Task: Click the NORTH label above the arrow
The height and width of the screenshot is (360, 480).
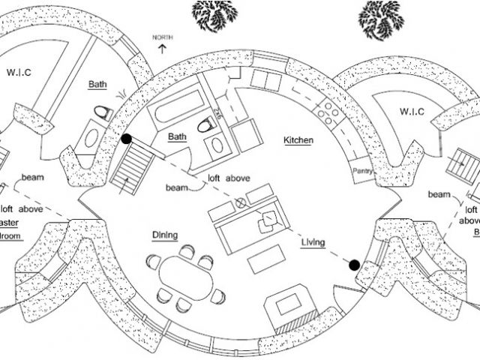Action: (162, 37)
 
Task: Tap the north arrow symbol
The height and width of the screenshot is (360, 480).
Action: (162, 48)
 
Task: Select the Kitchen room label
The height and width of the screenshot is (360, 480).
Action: (298, 140)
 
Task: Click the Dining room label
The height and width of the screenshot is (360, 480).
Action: (166, 235)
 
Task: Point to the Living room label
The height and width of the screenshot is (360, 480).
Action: (313, 242)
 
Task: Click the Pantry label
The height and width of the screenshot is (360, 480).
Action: (363, 171)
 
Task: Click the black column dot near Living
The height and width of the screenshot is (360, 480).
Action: (354, 264)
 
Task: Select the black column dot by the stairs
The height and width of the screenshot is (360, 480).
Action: (127, 139)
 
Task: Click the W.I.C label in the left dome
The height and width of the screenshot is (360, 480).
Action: (19, 73)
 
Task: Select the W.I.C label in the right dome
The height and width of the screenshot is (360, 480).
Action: (412, 112)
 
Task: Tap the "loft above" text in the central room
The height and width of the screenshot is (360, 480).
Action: (229, 178)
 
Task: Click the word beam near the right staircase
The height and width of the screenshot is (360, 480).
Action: (439, 194)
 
